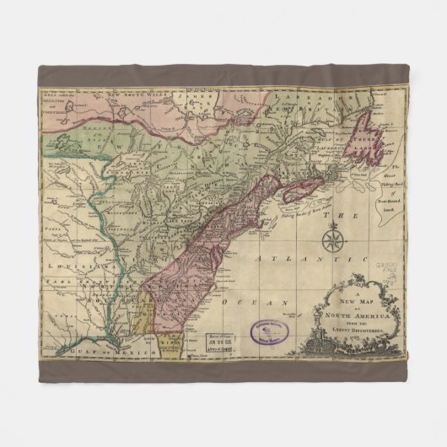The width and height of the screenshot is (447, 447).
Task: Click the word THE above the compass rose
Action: [333, 218]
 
